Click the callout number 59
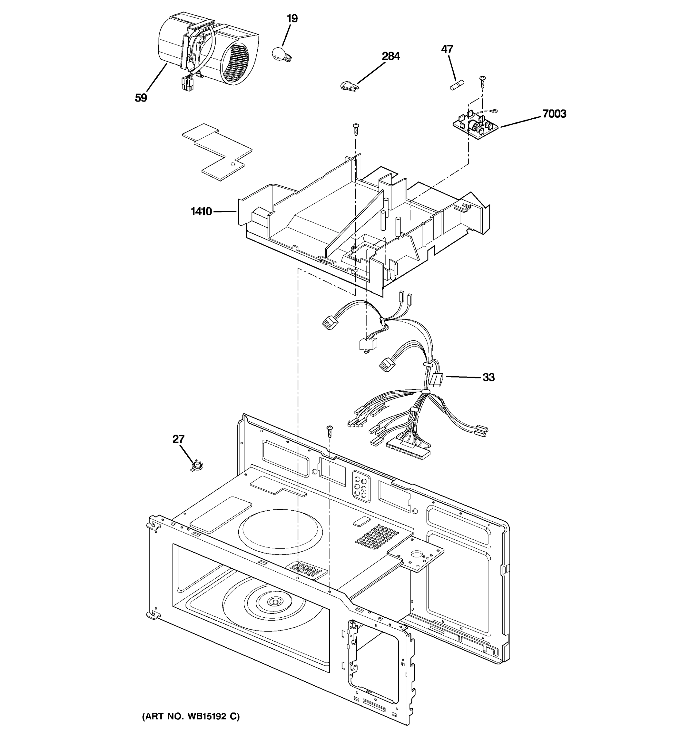141,98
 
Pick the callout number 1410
201,211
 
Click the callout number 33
488,377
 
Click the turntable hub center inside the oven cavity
275,602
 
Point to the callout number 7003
554,114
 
